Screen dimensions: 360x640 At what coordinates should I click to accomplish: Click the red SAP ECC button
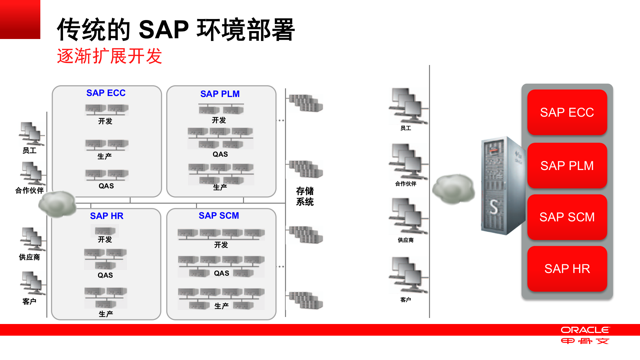click(567, 112)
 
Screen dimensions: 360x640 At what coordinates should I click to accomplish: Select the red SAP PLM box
click(567, 166)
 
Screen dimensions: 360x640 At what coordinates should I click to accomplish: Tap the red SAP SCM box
click(567, 217)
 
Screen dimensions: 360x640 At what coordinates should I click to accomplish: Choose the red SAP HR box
click(567, 269)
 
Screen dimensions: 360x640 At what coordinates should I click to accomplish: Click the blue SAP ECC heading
click(106, 93)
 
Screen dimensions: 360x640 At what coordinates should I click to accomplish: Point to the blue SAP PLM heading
click(220, 94)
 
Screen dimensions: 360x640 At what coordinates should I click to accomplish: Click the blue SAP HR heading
click(106, 216)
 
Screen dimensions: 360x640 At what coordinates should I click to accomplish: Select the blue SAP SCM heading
click(219, 216)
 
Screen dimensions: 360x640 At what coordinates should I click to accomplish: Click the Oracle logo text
click(585, 330)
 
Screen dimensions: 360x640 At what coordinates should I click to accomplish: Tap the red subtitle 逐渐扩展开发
click(109, 56)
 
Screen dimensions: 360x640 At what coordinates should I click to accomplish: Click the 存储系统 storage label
click(305, 196)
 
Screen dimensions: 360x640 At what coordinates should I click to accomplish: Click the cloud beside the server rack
click(453, 189)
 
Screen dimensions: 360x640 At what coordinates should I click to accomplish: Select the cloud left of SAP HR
click(57, 204)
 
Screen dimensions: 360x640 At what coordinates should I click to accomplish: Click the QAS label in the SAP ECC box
click(106, 186)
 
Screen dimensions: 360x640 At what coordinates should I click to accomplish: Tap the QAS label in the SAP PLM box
click(220, 154)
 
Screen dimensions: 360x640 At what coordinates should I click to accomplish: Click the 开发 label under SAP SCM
click(221, 245)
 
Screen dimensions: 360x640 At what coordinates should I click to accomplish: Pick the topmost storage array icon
click(306, 103)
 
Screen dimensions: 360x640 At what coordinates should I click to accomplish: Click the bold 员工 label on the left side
click(29, 151)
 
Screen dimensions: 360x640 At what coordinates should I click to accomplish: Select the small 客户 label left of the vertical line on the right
click(405, 300)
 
